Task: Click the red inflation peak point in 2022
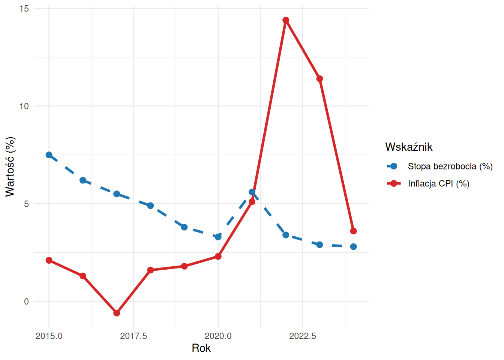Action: pos(286,20)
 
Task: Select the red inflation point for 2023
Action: pos(319,79)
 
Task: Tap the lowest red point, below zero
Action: pos(117,313)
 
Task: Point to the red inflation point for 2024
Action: pos(353,231)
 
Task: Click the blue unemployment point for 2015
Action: pos(49,155)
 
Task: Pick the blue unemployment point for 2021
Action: pos(252,192)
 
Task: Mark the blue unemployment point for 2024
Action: pos(353,246)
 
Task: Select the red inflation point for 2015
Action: pos(49,260)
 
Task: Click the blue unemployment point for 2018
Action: pos(150,205)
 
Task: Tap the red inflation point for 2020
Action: pos(218,256)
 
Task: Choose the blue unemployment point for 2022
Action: pos(286,235)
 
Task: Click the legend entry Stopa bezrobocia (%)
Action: pos(450,166)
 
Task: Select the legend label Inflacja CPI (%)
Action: pos(438,183)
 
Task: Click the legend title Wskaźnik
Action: pos(409,147)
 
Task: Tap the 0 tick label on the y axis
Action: pos(26,301)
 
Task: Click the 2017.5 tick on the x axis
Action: pos(133,336)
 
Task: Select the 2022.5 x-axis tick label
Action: pos(303,336)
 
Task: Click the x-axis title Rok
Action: pos(201,348)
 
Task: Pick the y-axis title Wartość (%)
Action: pos(10,166)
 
